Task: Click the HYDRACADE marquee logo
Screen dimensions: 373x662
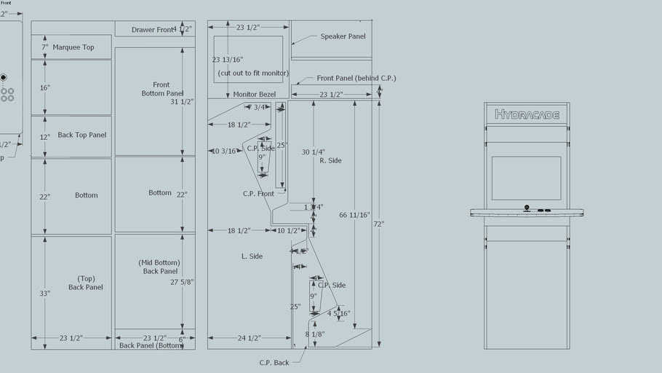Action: click(x=527, y=114)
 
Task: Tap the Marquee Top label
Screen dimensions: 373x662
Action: click(x=73, y=47)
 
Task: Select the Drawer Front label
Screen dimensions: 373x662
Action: click(x=153, y=30)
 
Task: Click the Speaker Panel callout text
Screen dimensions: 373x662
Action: click(x=343, y=36)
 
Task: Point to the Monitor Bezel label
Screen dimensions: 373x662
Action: click(x=255, y=95)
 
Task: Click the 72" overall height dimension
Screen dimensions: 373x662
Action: click(x=378, y=224)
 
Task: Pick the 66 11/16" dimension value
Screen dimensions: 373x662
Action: click(x=354, y=215)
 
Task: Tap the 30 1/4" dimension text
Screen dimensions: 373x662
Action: click(x=314, y=152)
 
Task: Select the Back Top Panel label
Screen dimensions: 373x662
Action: click(x=82, y=135)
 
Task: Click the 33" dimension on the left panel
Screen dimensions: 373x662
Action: click(x=45, y=294)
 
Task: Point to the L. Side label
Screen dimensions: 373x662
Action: click(x=252, y=256)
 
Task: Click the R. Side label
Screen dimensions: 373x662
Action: click(x=330, y=160)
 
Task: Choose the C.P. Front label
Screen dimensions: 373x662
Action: click(x=258, y=194)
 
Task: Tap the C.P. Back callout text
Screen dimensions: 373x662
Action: click(x=274, y=362)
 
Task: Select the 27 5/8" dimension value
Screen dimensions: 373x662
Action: click(x=181, y=282)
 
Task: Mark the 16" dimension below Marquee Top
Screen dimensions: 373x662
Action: click(x=45, y=87)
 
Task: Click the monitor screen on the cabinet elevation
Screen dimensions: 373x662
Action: click(x=526, y=178)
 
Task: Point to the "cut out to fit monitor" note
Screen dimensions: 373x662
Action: click(x=250, y=74)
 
